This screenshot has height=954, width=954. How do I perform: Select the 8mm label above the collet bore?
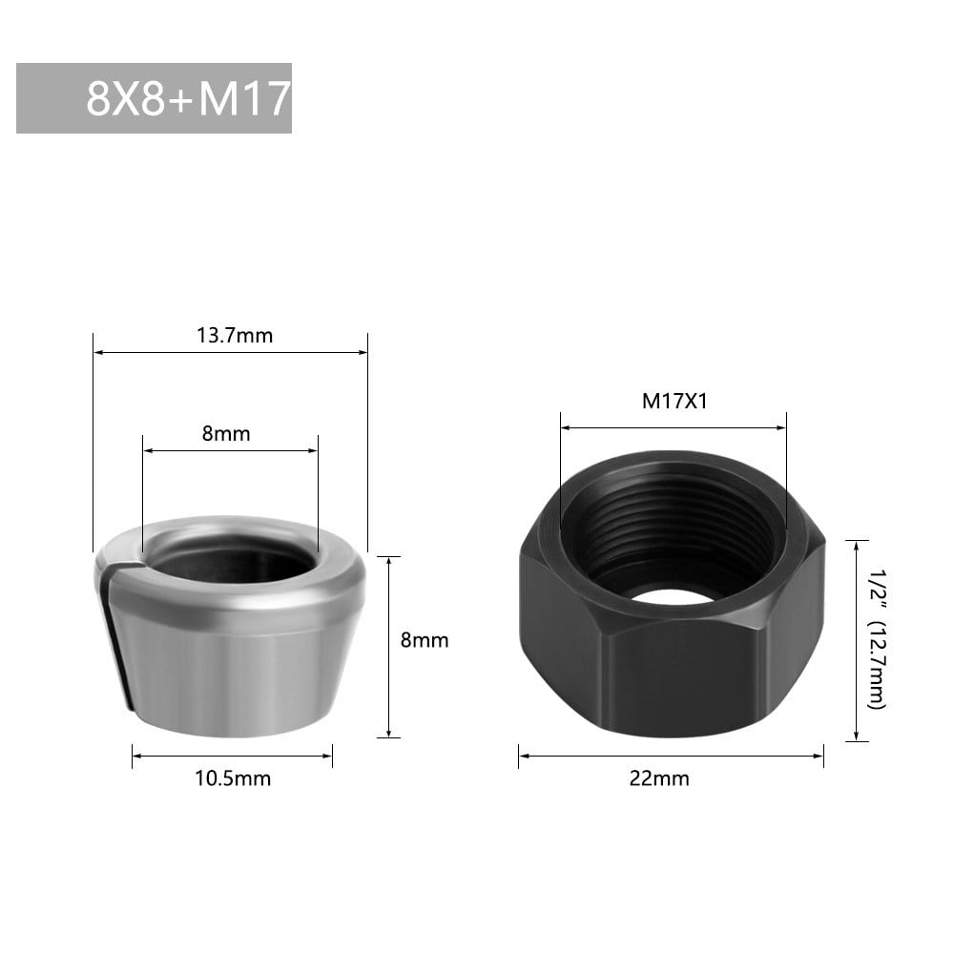point(226,433)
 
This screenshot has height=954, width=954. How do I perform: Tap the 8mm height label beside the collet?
point(425,640)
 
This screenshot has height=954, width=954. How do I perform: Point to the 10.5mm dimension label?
point(233,778)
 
